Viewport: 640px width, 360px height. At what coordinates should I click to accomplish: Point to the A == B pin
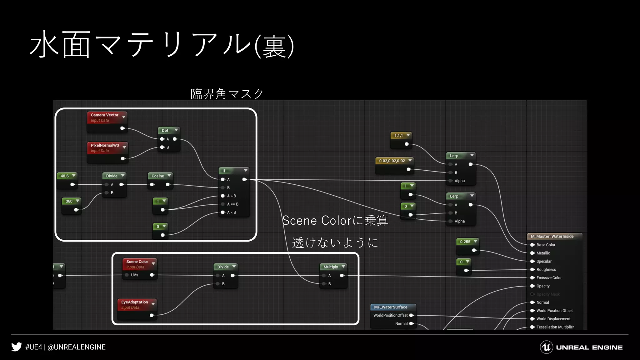[232, 204]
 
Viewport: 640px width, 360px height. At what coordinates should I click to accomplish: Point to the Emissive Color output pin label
[549, 278]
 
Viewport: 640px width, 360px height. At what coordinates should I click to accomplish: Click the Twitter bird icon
[17, 347]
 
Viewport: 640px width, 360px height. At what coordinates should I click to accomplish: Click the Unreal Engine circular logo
[546, 347]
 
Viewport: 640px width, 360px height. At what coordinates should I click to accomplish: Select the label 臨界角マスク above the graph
[227, 94]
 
